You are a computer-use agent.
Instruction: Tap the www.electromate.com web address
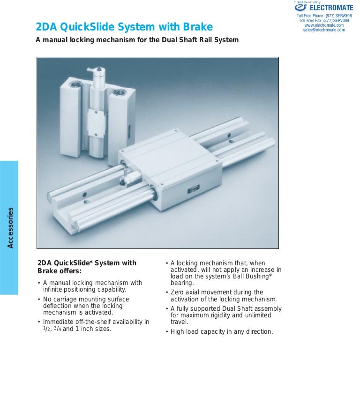pos(324,25)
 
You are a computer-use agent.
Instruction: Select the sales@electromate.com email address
pos(324,30)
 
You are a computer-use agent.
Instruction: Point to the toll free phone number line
pos(324,16)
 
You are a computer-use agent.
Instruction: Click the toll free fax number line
pos(324,21)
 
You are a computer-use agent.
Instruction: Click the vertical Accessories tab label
pos(10,227)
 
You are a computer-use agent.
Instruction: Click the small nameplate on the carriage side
pos(193,190)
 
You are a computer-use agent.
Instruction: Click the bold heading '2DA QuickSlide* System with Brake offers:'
pos(87,267)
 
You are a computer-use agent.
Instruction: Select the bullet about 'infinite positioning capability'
pos(92,286)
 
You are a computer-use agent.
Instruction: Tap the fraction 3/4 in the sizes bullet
pos(56,329)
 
